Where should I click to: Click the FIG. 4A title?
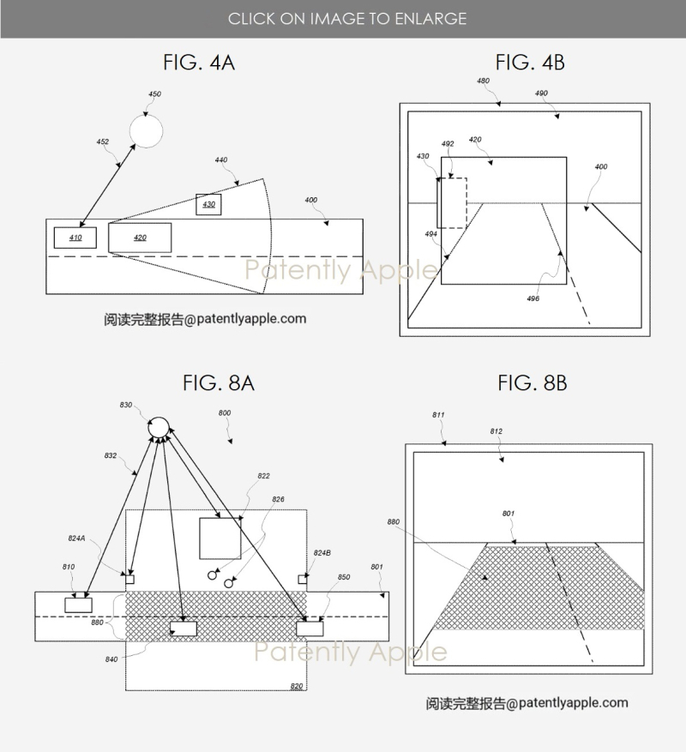pos(199,63)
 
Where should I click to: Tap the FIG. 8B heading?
pos(532,382)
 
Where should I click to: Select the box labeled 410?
pos(75,238)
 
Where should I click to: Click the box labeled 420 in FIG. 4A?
pos(140,238)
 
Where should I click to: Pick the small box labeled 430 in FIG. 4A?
pos(208,204)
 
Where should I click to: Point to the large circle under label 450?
pos(147,131)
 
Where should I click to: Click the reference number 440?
pos(220,159)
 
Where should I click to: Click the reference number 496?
pos(533,298)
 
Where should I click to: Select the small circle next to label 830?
pos(159,427)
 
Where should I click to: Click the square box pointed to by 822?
pos(220,538)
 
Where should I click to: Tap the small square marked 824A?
pos(129,580)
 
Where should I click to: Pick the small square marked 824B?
pos(302,580)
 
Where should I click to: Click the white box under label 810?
pos(78,605)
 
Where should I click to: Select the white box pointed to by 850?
pos(310,629)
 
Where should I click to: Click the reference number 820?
pos(297,686)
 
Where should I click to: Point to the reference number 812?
pos(496,431)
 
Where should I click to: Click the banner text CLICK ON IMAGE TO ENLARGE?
pos(347,19)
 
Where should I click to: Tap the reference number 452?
pos(103,141)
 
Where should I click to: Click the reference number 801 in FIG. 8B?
pos(508,513)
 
